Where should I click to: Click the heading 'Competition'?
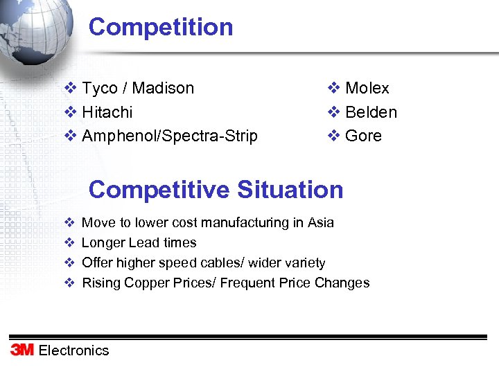tap(161, 27)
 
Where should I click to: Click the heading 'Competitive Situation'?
tap(216, 189)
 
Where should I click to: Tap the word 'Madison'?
tap(163, 89)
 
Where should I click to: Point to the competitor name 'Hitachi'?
tap(107, 112)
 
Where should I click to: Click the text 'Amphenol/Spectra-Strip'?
tap(169, 136)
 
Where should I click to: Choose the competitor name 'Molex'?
tap(367, 89)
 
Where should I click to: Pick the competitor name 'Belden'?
tap(371, 112)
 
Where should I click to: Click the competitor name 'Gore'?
tap(363, 136)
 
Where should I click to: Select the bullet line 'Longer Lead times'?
tap(139, 243)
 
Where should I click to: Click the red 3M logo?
tap(21, 350)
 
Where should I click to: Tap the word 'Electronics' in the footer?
tap(73, 350)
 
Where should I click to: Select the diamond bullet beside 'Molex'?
tap(333, 89)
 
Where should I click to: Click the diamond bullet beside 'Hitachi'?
tap(69, 112)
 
